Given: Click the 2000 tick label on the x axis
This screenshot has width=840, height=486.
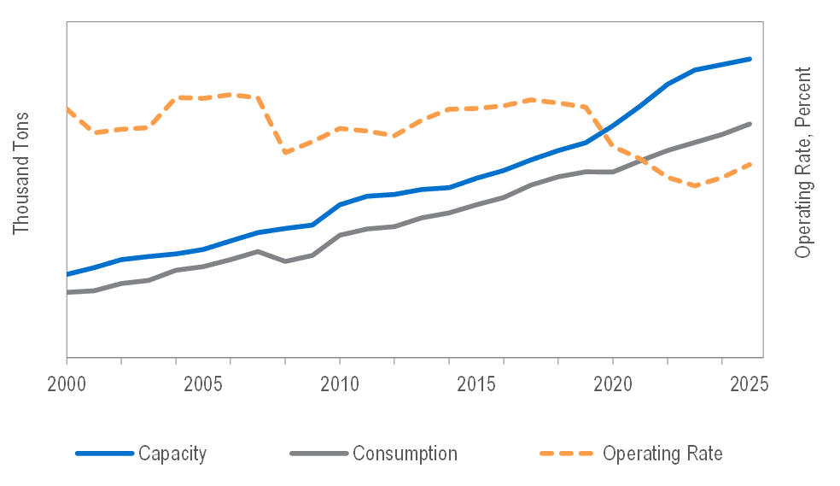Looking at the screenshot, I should pos(66,384).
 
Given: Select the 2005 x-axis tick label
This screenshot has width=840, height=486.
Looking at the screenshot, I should pos(203,384).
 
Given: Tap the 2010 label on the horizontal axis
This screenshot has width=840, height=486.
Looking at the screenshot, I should pos(340,384).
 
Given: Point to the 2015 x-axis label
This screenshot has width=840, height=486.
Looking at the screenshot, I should pos(476,384).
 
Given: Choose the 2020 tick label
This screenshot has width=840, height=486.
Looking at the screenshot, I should pos(613,384).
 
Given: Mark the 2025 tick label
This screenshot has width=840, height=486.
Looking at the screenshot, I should pos(749,384).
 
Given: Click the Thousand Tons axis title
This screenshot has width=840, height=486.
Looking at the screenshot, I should pos(21,173).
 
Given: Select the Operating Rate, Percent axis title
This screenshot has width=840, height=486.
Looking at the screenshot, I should pos(802,162).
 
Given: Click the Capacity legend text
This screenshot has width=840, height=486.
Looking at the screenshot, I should pos(172,454).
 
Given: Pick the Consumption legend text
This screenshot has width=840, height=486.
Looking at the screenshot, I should pos(405,454).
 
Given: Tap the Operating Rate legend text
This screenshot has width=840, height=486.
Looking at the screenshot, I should pos(662,454).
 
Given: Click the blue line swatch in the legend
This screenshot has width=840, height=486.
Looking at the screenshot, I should pos(104,454).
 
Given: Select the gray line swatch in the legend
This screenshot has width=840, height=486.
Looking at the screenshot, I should pos(319,454).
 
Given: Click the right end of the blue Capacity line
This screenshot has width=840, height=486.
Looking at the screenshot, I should pos(750,59).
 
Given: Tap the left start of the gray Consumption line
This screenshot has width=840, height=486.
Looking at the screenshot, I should pos(67,292).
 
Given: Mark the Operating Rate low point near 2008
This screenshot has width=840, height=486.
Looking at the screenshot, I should pos(285,153).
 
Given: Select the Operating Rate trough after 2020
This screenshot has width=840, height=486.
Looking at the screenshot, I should pos(697,185).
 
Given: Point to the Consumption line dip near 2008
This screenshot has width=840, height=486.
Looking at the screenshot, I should pos(285,261).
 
